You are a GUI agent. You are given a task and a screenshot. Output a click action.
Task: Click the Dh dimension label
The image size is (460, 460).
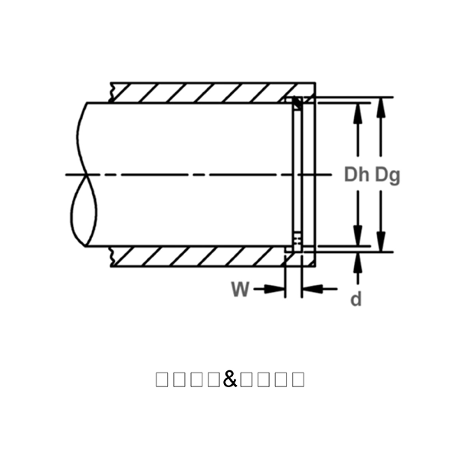356,175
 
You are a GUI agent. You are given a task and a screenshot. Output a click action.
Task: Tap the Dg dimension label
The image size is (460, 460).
387,175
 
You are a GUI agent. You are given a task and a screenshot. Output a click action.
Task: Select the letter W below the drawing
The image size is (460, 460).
240,289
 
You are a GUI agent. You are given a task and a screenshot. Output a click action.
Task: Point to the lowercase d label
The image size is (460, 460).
356,299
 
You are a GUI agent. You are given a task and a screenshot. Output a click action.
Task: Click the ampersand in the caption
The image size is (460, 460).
230,379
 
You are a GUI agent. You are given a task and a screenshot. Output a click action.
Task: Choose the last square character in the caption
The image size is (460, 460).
297,379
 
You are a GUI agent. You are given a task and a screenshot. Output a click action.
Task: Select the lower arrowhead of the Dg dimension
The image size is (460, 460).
379,242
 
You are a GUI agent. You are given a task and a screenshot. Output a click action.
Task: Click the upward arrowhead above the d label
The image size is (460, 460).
356,261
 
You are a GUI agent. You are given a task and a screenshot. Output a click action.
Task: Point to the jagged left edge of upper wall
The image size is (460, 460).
113,92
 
